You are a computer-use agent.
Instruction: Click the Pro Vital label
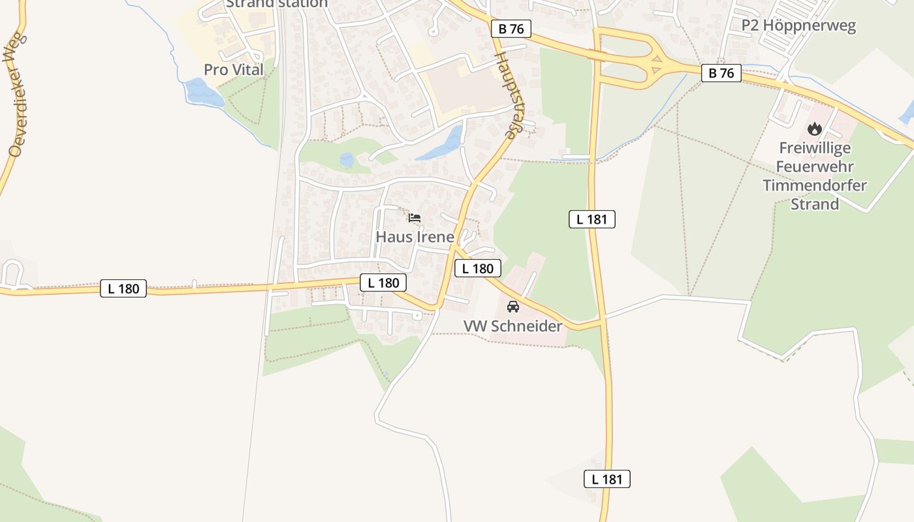tap(233, 70)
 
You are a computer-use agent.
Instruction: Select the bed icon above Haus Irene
tap(415, 218)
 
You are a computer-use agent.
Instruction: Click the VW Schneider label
tap(512, 326)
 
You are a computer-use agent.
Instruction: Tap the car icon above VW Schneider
tap(513, 306)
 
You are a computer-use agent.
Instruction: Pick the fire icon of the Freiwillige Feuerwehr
tap(814, 129)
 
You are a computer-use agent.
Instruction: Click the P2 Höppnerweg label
tap(798, 26)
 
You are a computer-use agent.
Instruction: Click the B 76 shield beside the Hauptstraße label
tap(511, 29)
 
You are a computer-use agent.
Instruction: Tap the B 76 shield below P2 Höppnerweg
tap(721, 73)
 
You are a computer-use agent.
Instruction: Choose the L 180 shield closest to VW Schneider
tap(478, 268)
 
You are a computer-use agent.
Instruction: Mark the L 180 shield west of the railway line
tap(123, 288)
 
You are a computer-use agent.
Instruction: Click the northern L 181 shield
tap(592, 219)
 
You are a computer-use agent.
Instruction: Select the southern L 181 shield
tap(607, 480)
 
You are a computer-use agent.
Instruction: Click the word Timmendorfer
tap(815, 185)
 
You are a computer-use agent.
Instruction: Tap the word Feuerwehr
tap(815, 167)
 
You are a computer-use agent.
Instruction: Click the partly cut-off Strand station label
tap(276, 4)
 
